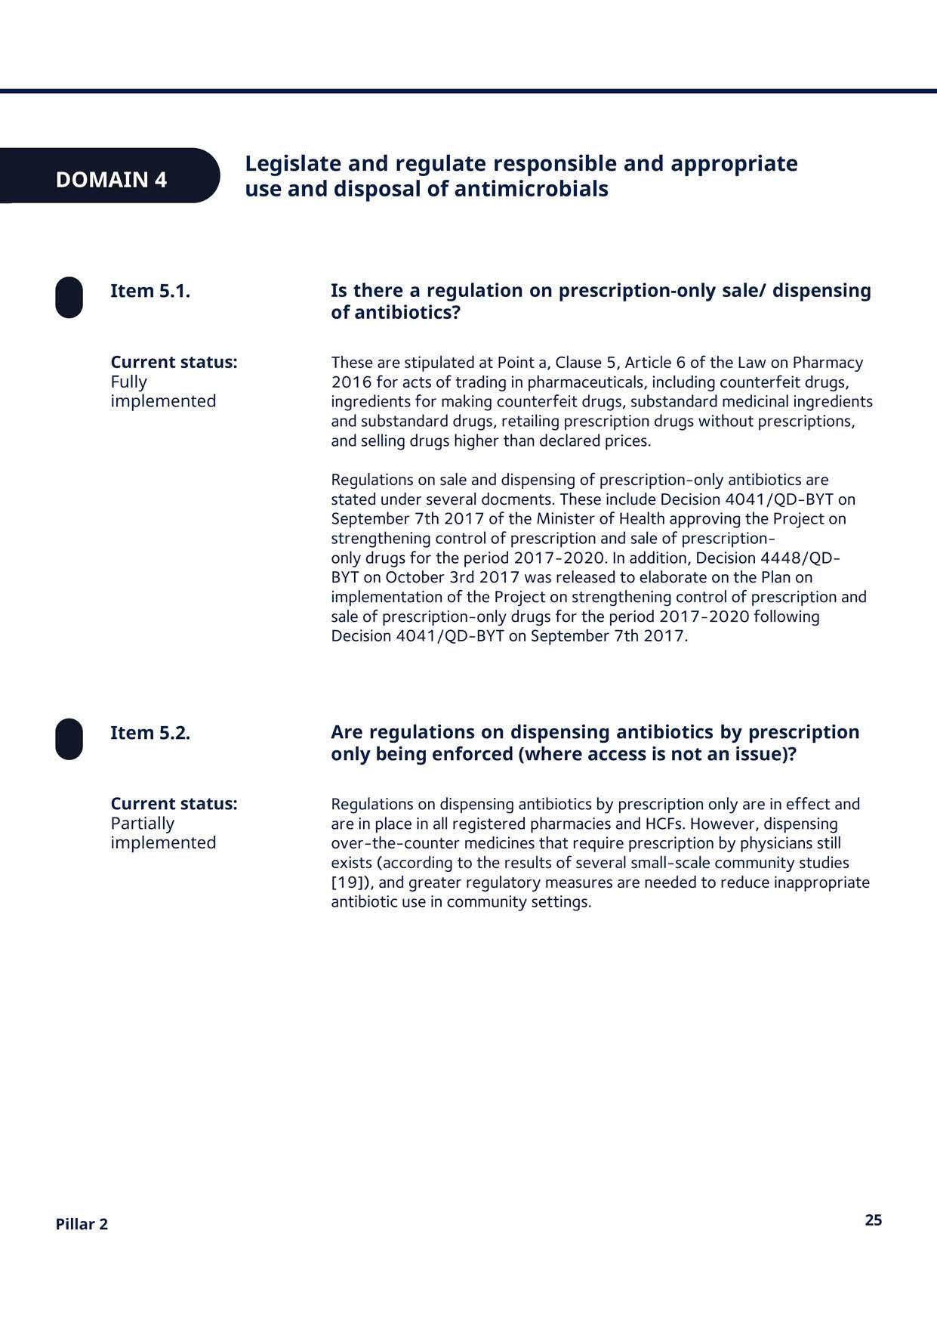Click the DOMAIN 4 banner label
(x=111, y=180)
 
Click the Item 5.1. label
(x=150, y=291)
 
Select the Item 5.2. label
(x=150, y=733)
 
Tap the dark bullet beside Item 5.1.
(x=69, y=297)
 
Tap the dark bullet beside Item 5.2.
(x=69, y=739)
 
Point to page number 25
(x=873, y=1220)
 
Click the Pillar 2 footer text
(x=82, y=1224)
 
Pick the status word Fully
(x=128, y=382)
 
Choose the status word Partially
(x=142, y=824)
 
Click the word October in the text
(x=415, y=577)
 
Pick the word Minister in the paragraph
(x=566, y=519)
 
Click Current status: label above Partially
(x=174, y=804)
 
